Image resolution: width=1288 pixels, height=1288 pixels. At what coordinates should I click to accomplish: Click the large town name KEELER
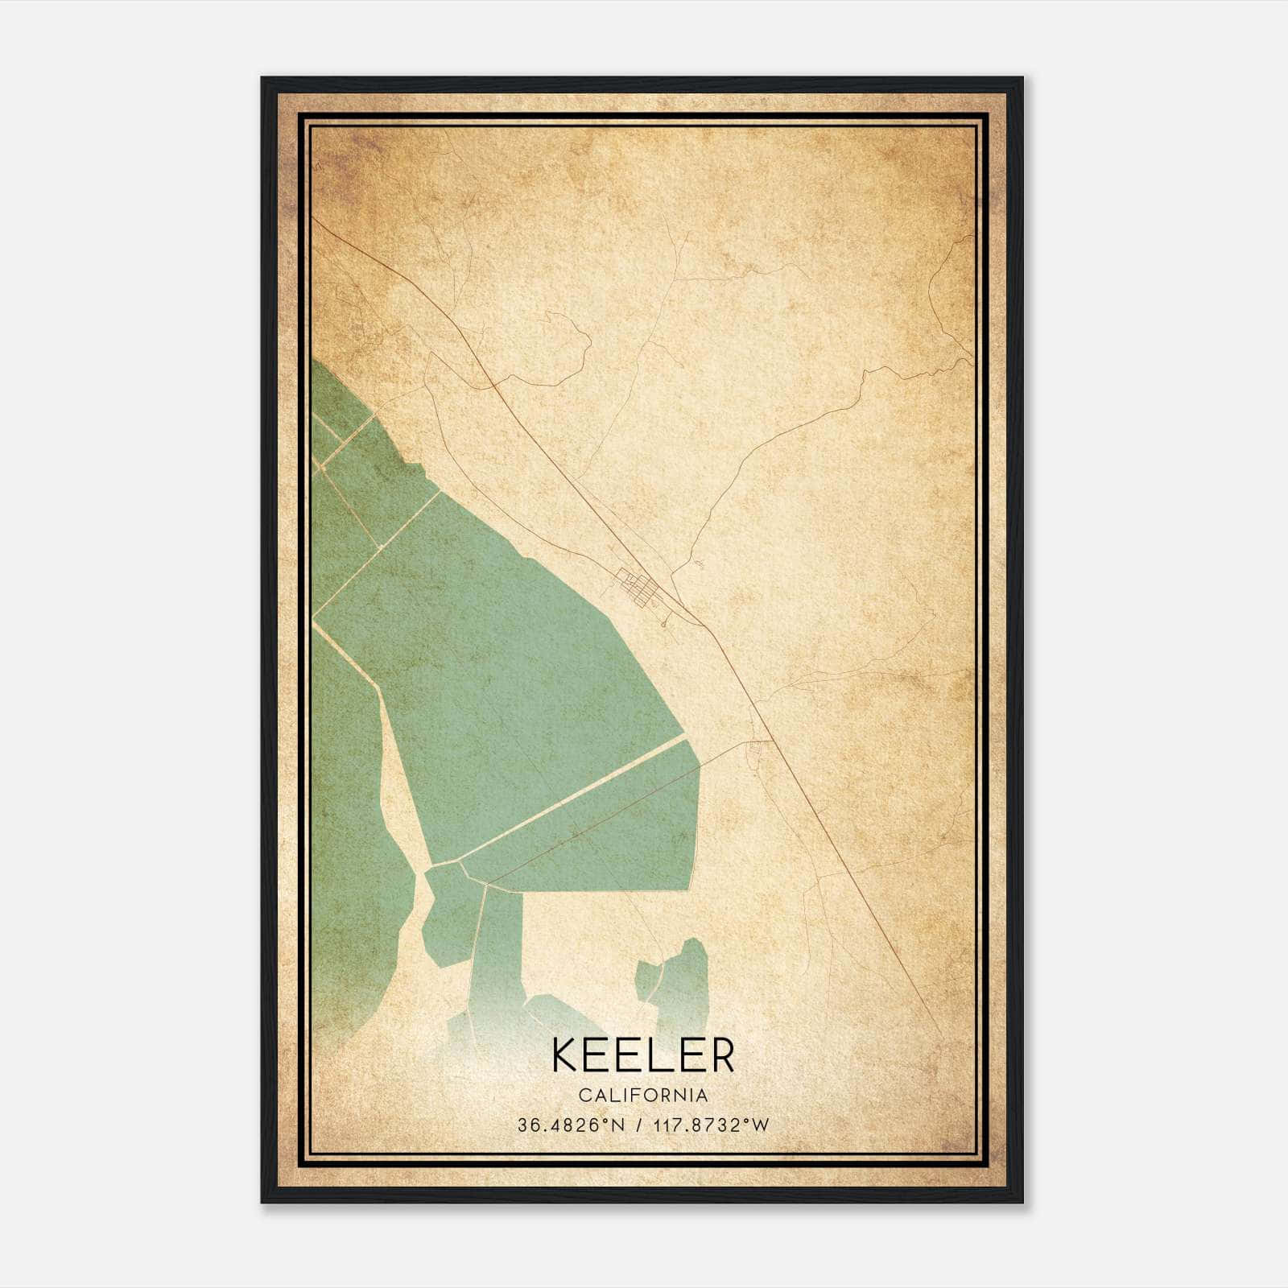point(643,1055)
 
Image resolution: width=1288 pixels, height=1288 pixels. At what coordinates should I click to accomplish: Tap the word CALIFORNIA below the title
point(643,1096)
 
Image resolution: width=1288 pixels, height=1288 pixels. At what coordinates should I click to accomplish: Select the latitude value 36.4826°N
point(571,1125)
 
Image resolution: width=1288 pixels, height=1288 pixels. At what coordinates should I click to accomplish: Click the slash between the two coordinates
point(639,1125)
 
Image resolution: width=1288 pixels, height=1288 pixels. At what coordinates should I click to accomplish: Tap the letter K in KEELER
point(564,1055)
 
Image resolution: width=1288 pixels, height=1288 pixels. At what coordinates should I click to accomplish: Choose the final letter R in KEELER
point(721,1055)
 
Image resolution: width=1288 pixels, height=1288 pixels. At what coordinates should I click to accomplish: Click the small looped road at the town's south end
point(663,622)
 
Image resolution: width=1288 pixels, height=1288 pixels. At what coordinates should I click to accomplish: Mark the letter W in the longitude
point(761,1125)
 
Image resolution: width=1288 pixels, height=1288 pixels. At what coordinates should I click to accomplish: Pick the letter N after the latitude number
point(618,1125)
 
